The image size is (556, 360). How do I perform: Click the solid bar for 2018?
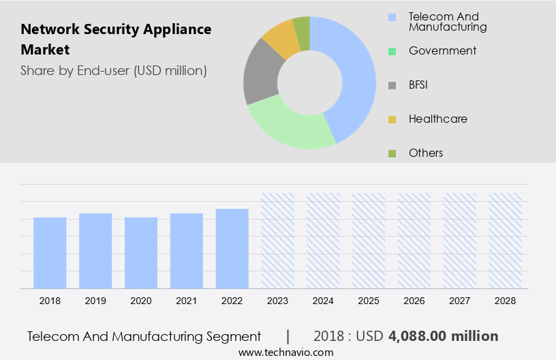tap(50, 252)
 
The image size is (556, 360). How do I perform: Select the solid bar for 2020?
tap(141, 252)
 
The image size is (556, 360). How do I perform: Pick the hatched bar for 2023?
tap(278, 240)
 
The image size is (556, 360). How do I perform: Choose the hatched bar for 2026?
tap(414, 240)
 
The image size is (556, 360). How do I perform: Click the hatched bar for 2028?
tap(505, 240)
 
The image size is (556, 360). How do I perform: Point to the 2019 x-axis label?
tap(95, 300)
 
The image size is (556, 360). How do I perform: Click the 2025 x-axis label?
tap(369, 300)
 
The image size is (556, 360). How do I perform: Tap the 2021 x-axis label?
tap(187, 300)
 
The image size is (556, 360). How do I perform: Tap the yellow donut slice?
tap(280, 39)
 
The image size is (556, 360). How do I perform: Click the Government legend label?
tap(442, 50)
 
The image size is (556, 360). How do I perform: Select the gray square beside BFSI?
tap(392, 85)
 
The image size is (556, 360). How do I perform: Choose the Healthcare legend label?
tap(437, 119)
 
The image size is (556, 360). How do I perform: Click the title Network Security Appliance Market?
tap(116, 40)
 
